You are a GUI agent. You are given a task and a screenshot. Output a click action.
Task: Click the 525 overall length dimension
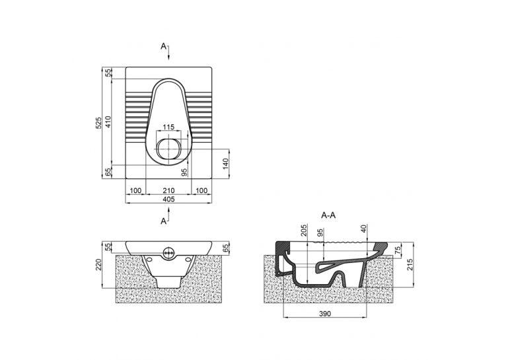[x=99, y=123]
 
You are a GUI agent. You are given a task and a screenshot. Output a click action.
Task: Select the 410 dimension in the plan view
[x=108, y=123]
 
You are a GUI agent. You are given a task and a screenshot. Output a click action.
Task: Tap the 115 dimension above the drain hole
[x=168, y=127]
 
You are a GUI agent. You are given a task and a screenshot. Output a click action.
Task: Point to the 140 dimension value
[x=225, y=164]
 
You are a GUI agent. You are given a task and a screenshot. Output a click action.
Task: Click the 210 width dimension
[x=168, y=191]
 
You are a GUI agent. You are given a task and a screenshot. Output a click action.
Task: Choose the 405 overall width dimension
[x=168, y=199]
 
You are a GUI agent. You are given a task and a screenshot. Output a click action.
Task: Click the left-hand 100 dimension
[x=135, y=191]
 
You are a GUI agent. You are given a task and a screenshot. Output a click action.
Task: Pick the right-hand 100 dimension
[x=201, y=191]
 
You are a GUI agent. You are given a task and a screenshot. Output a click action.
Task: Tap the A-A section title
[x=328, y=215]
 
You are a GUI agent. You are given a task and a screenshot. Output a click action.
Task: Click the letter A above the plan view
[x=164, y=46]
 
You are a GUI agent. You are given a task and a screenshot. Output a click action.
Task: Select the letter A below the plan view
[x=164, y=221]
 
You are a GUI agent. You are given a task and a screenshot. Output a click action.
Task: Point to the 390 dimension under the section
[x=325, y=314]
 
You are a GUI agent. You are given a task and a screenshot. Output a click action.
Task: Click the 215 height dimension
[x=410, y=264]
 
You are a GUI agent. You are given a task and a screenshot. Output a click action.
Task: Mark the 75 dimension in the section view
[x=398, y=250]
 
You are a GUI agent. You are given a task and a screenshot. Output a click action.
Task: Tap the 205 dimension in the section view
[x=304, y=231]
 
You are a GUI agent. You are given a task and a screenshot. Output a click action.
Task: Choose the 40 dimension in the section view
[x=364, y=229]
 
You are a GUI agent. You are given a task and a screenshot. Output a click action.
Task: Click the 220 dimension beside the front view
[x=99, y=264]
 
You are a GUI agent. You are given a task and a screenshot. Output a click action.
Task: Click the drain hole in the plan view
[x=168, y=149]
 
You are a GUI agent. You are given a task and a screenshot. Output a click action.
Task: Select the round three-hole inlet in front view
[x=168, y=252]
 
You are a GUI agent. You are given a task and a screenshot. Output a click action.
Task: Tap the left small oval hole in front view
[x=149, y=259]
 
